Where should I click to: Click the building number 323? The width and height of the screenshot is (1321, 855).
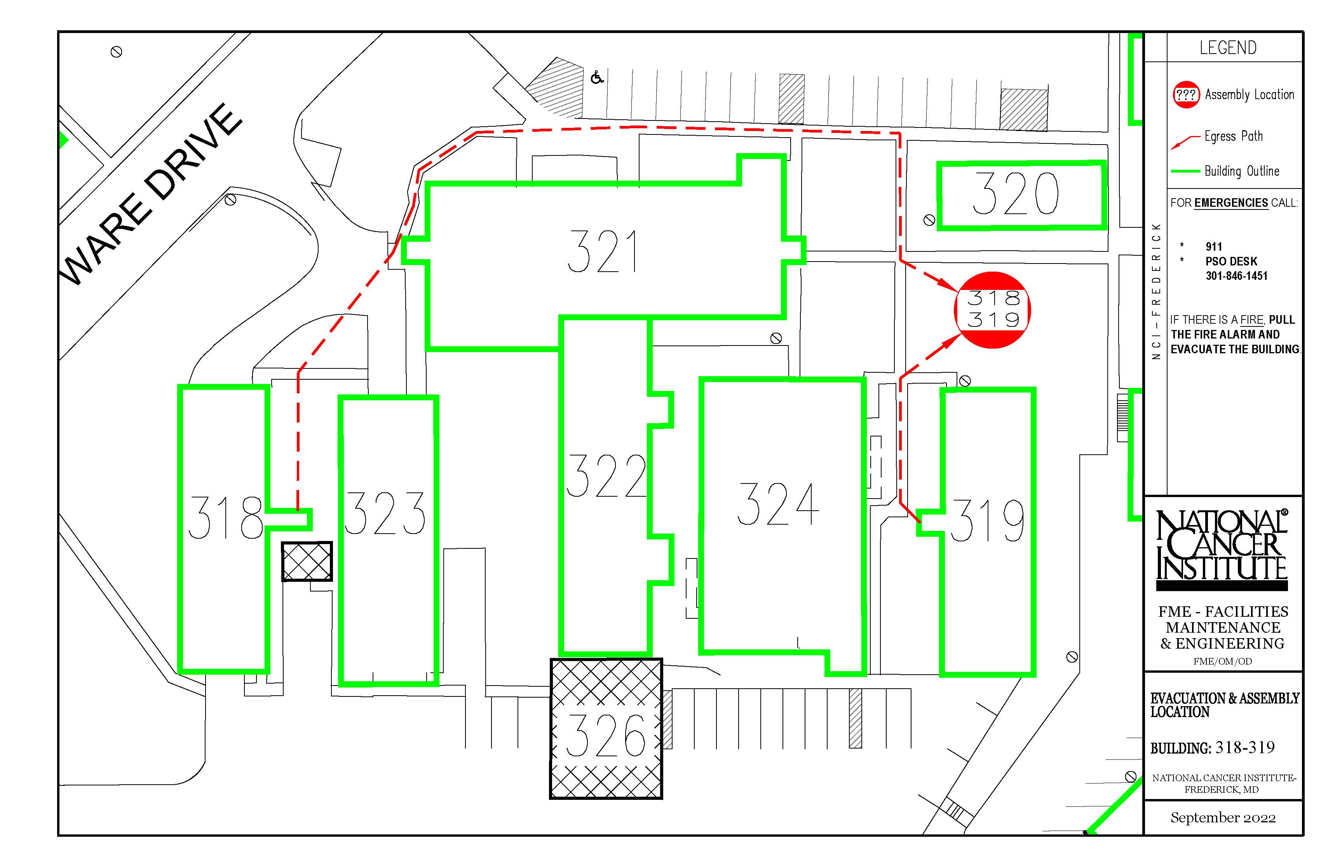click(x=385, y=513)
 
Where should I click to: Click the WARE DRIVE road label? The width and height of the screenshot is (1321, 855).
click(x=153, y=194)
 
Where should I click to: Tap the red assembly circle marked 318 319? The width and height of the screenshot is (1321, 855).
click(x=992, y=310)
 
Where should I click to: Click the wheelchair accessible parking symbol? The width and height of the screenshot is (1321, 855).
click(x=597, y=77)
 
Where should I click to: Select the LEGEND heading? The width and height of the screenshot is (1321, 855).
click(x=1228, y=48)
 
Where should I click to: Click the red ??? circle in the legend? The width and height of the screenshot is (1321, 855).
click(x=1186, y=94)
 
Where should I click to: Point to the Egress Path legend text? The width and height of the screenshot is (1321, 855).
click(x=1233, y=136)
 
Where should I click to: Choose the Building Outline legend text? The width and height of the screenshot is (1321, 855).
click(x=1242, y=171)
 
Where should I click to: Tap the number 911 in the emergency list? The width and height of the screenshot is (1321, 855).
click(x=1214, y=246)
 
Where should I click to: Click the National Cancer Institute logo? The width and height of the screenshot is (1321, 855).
click(x=1222, y=550)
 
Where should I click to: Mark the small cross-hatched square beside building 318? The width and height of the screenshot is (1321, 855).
click(x=307, y=561)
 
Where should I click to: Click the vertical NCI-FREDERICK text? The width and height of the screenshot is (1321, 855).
click(x=1157, y=291)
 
